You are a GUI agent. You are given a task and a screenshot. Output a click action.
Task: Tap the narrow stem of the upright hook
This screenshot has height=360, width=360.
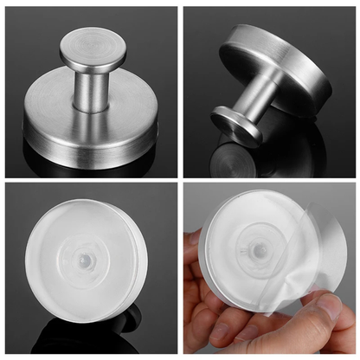(91, 87)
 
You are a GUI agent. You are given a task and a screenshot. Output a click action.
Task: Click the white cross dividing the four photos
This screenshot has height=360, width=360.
(180, 180)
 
